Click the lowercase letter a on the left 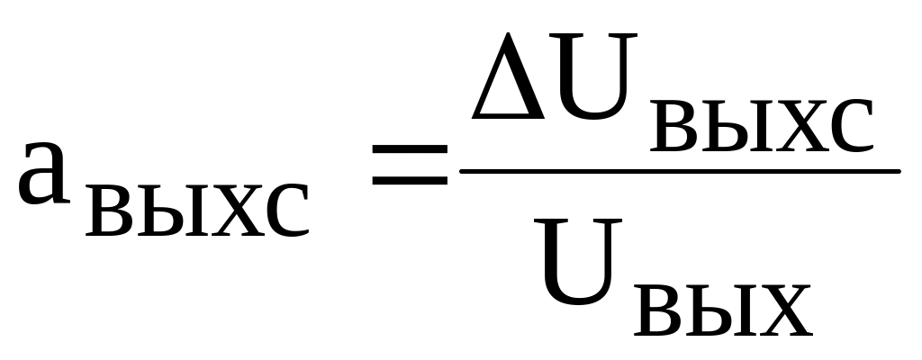click(x=45, y=171)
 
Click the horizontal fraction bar click(x=680, y=169)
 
